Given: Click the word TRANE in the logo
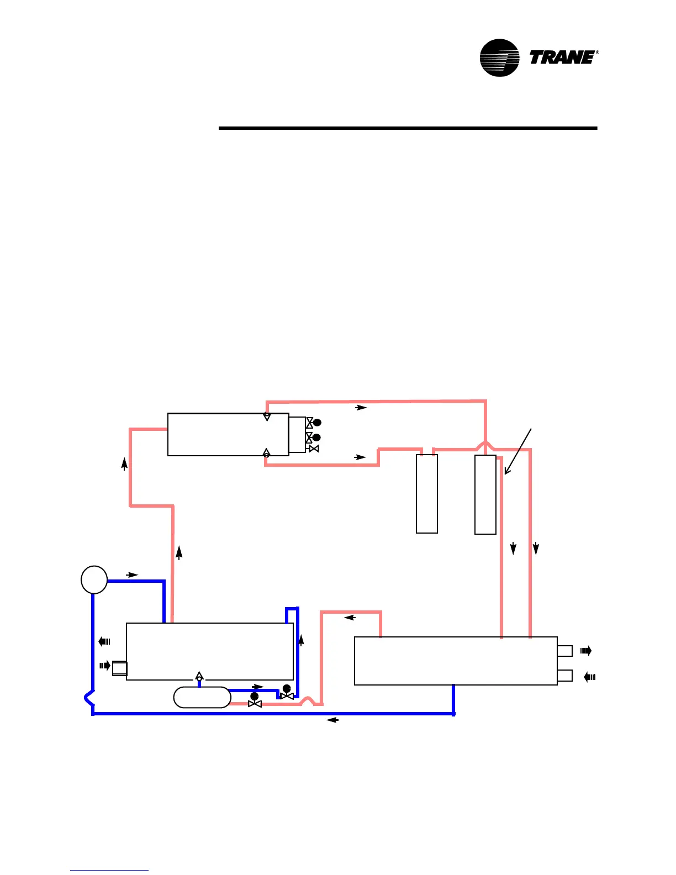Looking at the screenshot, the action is tap(562, 57).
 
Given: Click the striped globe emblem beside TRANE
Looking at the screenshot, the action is tap(499, 57).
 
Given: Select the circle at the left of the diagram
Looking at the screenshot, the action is tap(94, 579).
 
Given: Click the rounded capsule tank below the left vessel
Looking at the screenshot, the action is tap(202, 697).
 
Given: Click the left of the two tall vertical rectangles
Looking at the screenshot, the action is tap(427, 494).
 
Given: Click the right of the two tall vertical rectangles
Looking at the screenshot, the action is tap(485, 494).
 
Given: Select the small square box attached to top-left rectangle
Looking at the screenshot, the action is tap(297, 435).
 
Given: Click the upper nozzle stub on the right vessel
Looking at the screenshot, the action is tap(564, 651).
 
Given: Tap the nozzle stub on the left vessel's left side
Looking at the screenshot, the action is tap(119, 668).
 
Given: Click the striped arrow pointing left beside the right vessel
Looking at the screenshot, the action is tap(589, 677).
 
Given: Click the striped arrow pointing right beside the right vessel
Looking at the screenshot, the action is tap(586, 651).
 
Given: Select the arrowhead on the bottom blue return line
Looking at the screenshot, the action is tap(332, 720).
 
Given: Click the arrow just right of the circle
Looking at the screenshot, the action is tap(131, 575).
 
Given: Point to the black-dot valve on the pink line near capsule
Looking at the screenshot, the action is tap(255, 699).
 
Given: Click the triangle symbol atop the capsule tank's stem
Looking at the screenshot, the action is tap(199, 676).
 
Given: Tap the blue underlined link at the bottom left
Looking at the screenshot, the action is tap(109, 870).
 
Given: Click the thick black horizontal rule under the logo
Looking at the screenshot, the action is tap(408, 128).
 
